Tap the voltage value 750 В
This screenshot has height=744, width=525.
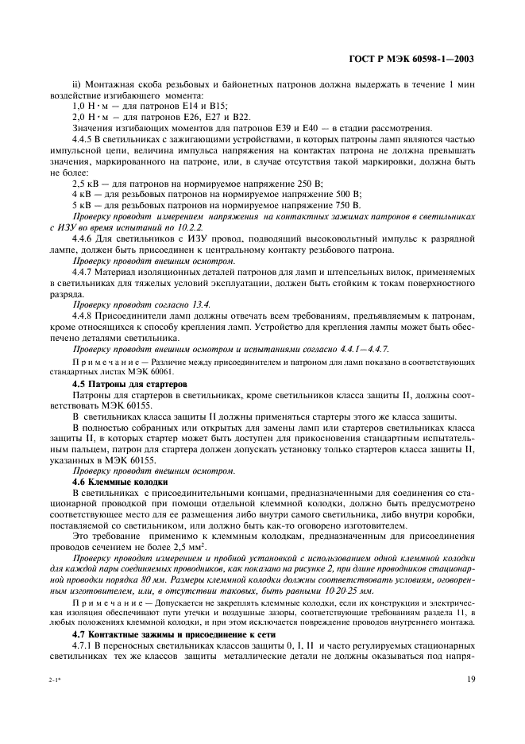point(347,205)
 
